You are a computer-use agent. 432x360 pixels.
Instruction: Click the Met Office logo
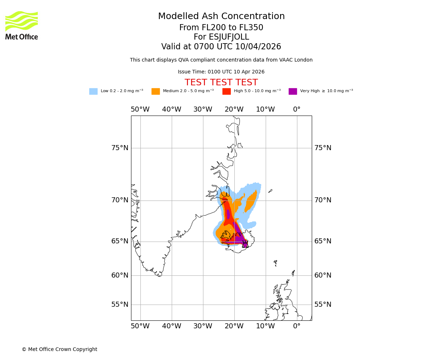click(x=22, y=25)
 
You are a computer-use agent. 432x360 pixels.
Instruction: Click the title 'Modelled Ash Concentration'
click(x=221, y=16)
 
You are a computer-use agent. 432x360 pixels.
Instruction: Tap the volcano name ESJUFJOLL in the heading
click(x=221, y=37)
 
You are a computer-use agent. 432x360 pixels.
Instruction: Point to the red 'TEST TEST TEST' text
click(x=221, y=82)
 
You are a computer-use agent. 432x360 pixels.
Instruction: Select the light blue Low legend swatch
click(x=93, y=91)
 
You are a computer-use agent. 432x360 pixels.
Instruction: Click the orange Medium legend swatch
click(x=156, y=91)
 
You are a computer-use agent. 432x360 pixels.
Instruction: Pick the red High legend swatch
click(x=226, y=91)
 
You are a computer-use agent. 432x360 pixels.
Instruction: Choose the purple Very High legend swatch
click(x=293, y=91)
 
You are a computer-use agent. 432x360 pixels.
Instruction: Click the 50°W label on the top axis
click(x=140, y=109)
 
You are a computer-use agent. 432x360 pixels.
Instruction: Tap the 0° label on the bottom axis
click(x=297, y=326)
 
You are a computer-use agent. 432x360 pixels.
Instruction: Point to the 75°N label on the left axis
click(x=120, y=148)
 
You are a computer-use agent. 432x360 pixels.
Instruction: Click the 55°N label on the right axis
click(x=323, y=305)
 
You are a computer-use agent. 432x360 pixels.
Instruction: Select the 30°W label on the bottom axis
click(x=203, y=326)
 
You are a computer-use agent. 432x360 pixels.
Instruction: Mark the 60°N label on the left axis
click(x=120, y=275)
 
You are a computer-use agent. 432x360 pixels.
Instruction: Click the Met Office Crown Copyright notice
click(x=59, y=349)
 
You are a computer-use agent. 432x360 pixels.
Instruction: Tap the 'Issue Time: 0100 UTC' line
click(x=221, y=72)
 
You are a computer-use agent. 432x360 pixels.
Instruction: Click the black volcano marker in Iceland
click(x=245, y=244)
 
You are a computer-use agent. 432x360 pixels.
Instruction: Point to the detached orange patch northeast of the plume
click(x=251, y=201)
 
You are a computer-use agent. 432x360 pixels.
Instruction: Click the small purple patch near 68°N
click(x=228, y=214)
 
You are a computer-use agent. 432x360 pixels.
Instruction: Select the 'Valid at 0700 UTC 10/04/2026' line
click(x=221, y=47)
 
